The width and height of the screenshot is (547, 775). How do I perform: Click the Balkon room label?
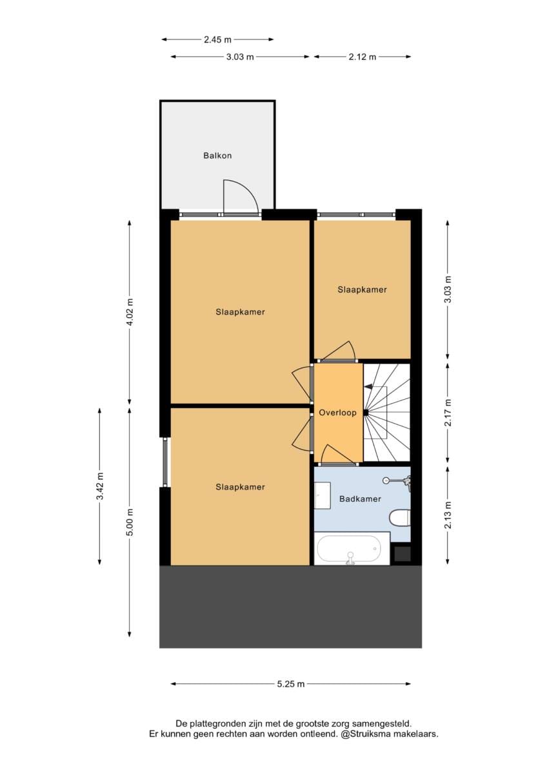pyautogui.click(x=217, y=156)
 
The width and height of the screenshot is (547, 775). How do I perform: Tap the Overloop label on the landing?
pyautogui.click(x=337, y=413)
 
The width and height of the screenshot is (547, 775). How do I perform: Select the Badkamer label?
pyautogui.click(x=360, y=499)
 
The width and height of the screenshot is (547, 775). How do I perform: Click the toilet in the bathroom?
pyautogui.click(x=399, y=518)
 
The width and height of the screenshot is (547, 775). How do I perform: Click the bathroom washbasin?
pyautogui.click(x=322, y=495)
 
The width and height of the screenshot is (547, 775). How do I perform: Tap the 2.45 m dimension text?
pyautogui.click(x=217, y=40)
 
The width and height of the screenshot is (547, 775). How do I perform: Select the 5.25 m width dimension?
pyautogui.click(x=291, y=684)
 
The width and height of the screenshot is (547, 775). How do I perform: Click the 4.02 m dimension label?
pyautogui.click(x=130, y=312)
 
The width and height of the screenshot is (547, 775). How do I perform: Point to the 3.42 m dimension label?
pyautogui.click(x=100, y=486)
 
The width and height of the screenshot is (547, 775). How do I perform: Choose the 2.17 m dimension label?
pyautogui.click(x=448, y=413)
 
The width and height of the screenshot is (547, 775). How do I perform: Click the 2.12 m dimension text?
pyautogui.click(x=362, y=57)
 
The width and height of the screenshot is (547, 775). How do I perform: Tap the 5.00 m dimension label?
pyautogui.click(x=130, y=522)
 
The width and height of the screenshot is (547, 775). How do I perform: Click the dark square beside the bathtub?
pyautogui.click(x=403, y=553)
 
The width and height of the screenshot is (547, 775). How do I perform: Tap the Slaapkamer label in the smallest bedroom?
pyautogui.click(x=362, y=289)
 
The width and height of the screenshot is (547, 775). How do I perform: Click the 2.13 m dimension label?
pyautogui.click(x=448, y=515)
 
